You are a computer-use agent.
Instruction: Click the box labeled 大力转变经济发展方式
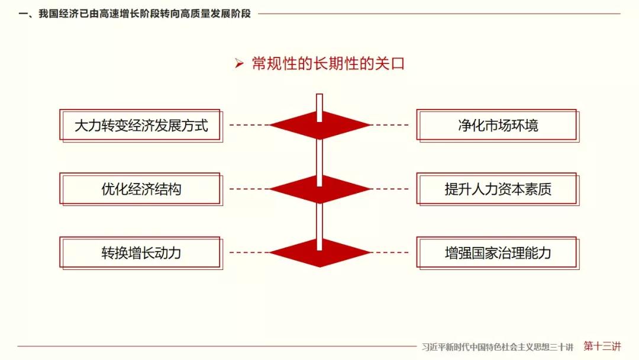(x=141, y=126)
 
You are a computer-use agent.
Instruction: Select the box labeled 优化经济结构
(x=141, y=189)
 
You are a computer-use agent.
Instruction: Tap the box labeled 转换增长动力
(x=141, y=253)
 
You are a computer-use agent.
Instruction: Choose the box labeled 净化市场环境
(x=498, y=126)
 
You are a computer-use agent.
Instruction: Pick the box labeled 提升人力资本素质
(x=498, y=189)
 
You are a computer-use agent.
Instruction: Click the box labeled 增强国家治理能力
(x=498, y=253)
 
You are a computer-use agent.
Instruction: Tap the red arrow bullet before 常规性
(x=239, y=63)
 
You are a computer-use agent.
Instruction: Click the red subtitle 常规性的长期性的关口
(x=328, y=63)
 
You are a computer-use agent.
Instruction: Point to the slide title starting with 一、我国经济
(x=134, y=14)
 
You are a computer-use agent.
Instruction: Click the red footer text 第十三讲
(x=602, y=346)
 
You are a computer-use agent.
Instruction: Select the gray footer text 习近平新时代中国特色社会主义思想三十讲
(x=498, y=347)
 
